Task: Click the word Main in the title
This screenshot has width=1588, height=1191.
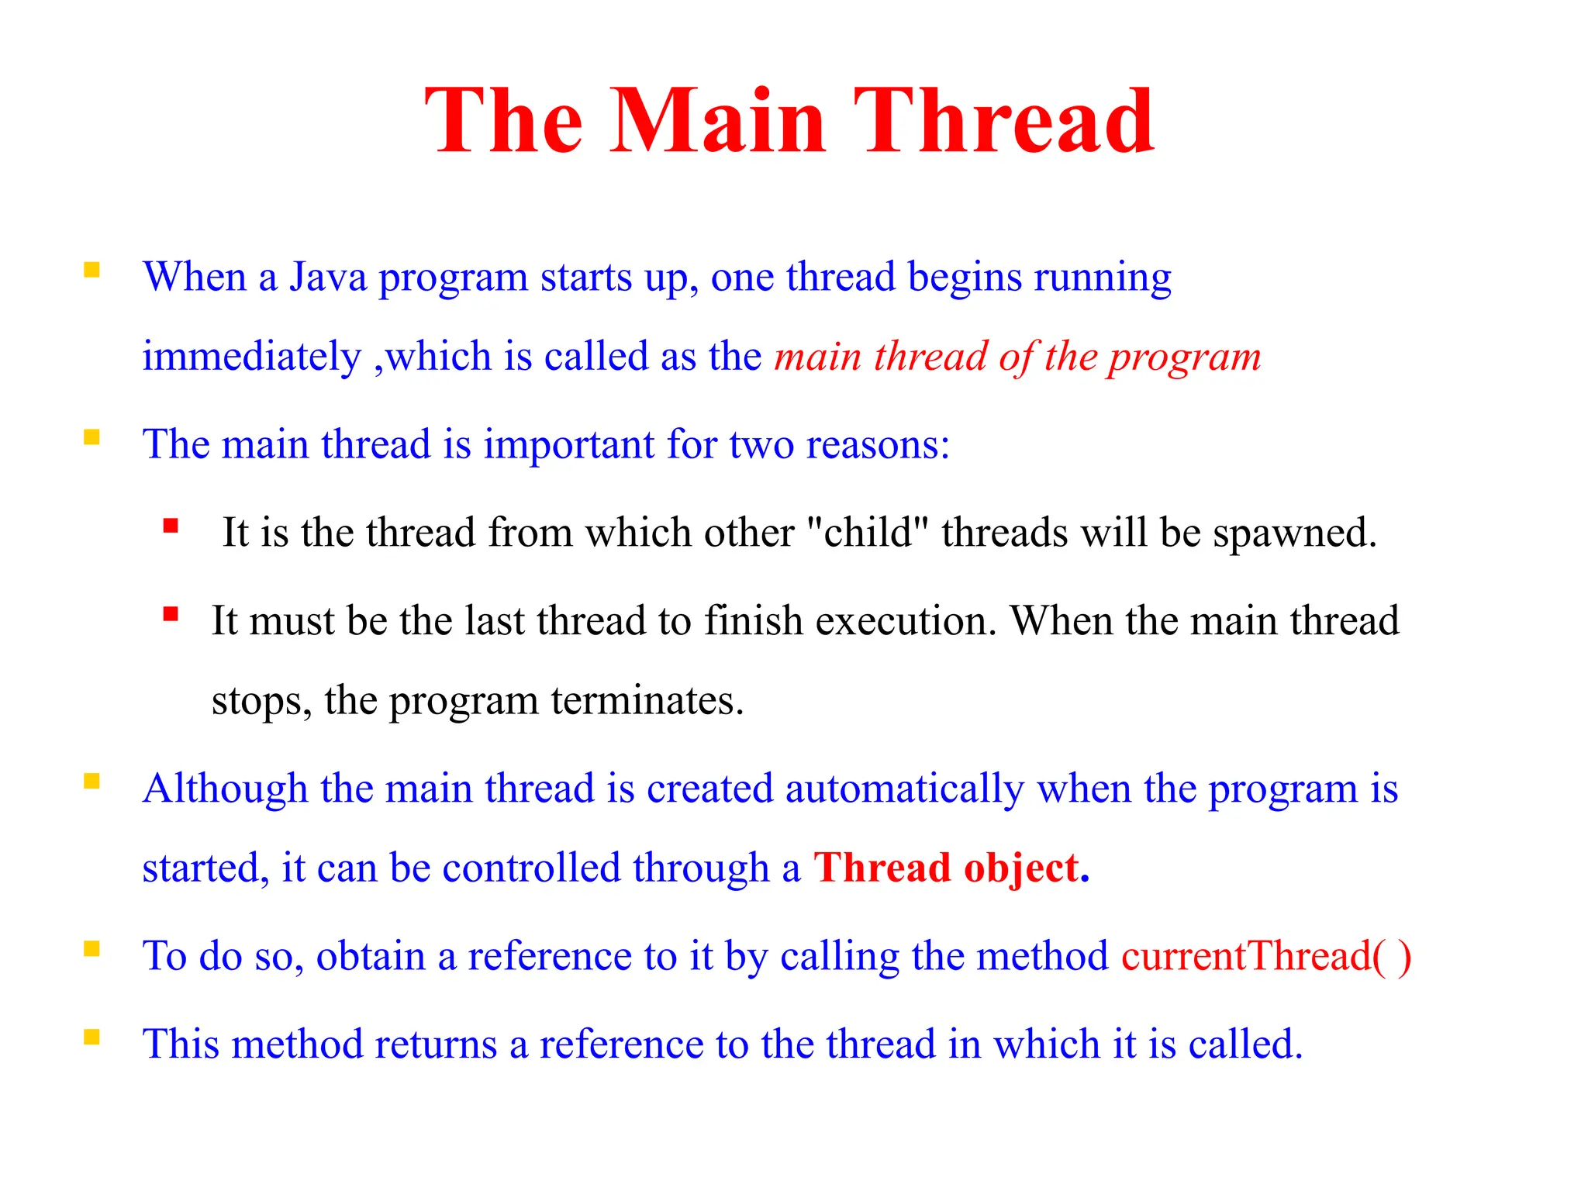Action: click(x=718, y=123)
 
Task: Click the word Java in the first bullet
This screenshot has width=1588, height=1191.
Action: click(x=328, y=277)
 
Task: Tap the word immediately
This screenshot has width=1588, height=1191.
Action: click(x=251, y=357)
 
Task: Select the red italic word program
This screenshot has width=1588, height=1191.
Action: click(x=1184, y=358)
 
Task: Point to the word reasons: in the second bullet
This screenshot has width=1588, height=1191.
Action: click(x=878, y=445)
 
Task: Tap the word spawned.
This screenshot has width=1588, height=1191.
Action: click(x=1294, y=534)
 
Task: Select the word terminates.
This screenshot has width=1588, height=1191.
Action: click(x=647, y=701)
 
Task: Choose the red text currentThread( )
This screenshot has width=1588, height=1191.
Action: click(x=1265, y=956)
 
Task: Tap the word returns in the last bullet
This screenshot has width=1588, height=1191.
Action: click(x=435, y=1044)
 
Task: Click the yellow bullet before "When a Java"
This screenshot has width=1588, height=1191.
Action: click(x=92, y=270)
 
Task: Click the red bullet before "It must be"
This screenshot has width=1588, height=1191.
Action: click(x=171, y=615)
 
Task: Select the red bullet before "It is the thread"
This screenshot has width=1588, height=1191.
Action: click(x=171, y=526)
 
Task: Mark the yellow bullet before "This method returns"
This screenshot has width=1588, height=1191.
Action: click(x=92, y=1037)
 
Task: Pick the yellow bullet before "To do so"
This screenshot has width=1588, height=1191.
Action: click(x=92, y=949)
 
